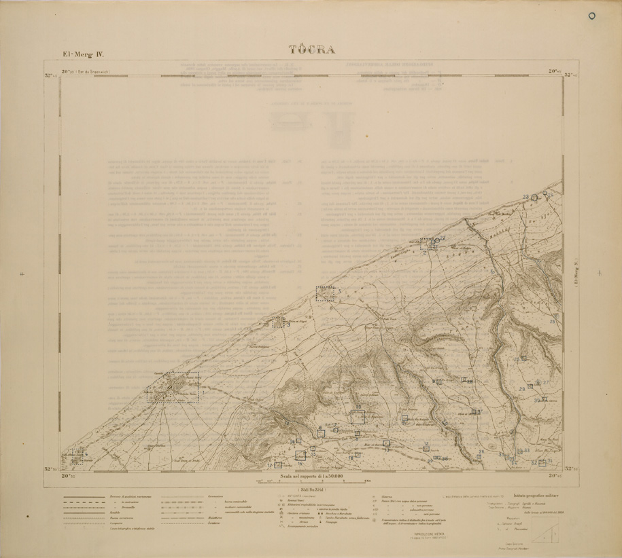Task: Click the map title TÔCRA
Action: click(x=311, y=50)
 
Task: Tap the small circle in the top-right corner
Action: click(x=591, y=16)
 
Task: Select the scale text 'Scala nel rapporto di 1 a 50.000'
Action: click(x=311, y=477)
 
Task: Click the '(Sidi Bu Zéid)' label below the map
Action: click(x=311, y=489)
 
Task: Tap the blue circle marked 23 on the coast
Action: click(x=534, y=197)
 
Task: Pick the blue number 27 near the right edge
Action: click(x=545, y=383)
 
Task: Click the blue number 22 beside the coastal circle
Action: click(x=443, y=239)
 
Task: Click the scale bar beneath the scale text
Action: click(x=311, y=483)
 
